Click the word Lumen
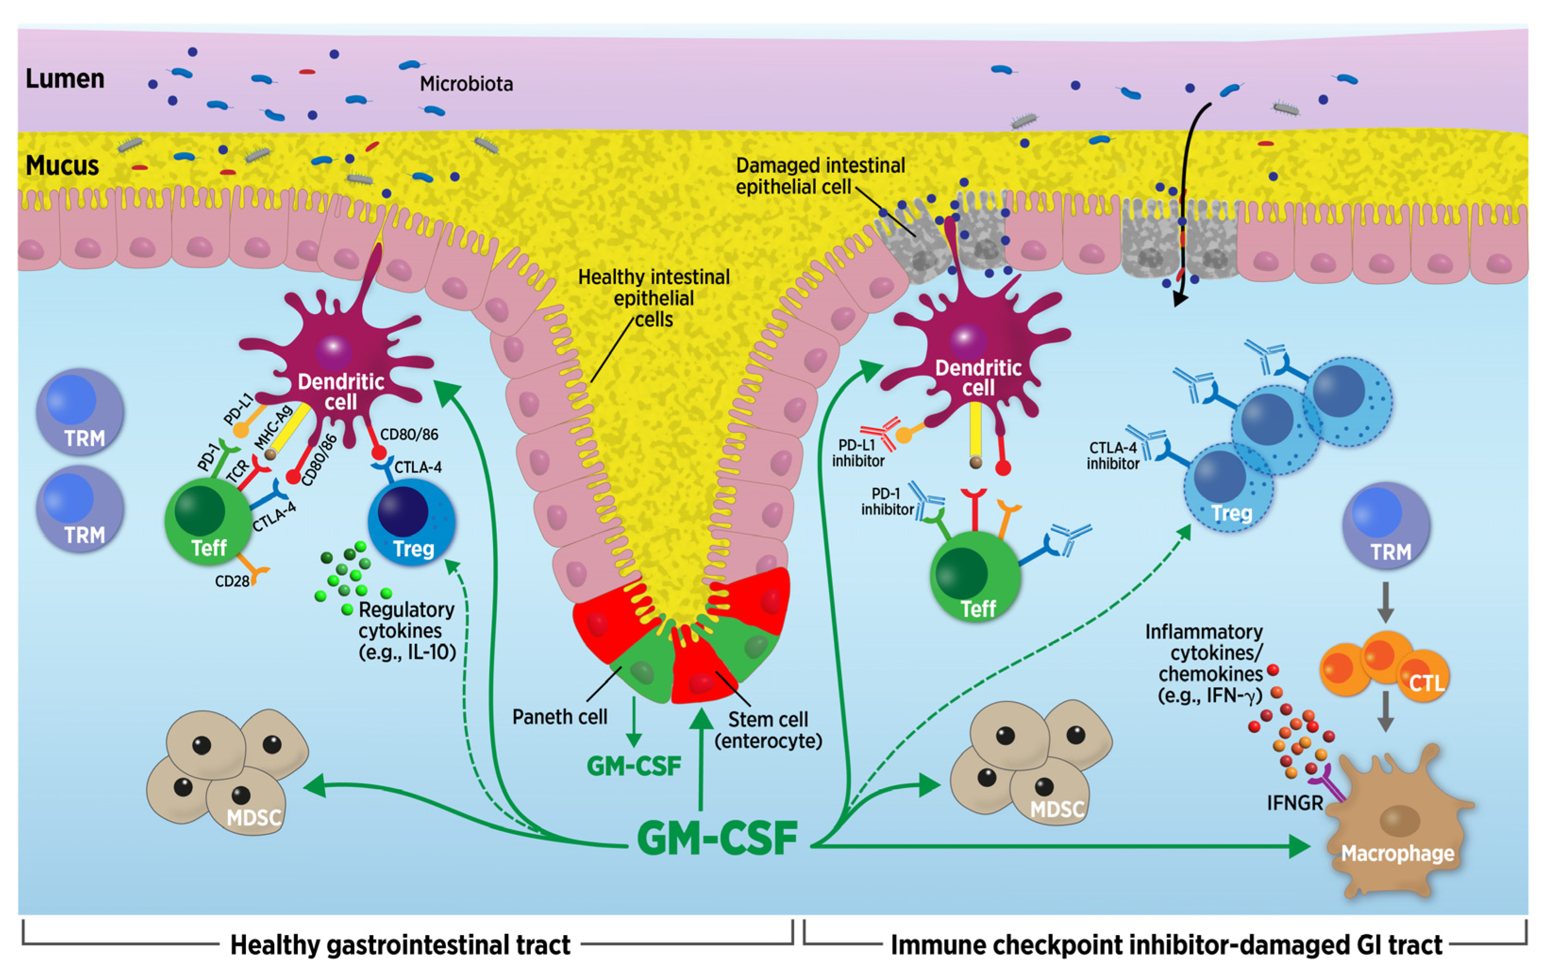[65, 79]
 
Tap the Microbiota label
[466, 84]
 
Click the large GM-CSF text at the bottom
[717, 838]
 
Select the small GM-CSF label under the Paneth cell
[633, 766]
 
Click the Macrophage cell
[1398, 829]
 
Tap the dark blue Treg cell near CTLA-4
[412, 521]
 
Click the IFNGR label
[1295, 803]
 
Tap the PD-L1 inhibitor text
[858, 453]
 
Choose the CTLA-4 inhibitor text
[1113, 456]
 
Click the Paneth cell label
[559, 717]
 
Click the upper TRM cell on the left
[80, 412]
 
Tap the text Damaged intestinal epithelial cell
[820, 176]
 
